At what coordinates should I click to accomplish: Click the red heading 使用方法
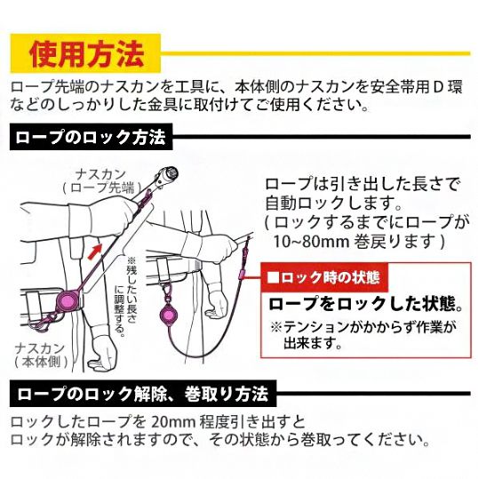[87, 53]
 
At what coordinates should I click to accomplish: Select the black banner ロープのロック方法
[91, 137]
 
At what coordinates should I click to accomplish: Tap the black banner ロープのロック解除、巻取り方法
[143, 394]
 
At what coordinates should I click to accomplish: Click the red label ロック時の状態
[324, 277]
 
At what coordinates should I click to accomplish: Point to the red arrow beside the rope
[95, 251]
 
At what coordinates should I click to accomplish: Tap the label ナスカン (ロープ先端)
[102, 181]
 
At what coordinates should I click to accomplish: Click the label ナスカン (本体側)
[41, 355]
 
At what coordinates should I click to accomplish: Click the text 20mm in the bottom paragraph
[173, 422]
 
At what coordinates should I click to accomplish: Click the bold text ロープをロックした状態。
[366, 304]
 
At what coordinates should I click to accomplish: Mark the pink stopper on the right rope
[241, 274]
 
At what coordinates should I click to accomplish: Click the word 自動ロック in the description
[307, 203]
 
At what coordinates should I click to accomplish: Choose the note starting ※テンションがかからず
[362, 335]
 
